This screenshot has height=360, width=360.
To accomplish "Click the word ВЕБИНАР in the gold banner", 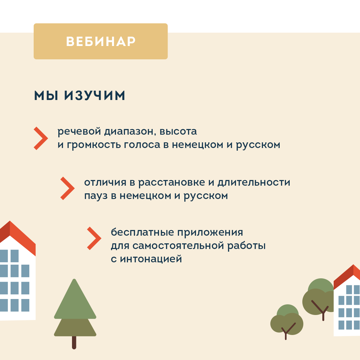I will click(x=101, y=41).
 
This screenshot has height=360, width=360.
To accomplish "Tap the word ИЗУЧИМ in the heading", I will click(x=95, y=96).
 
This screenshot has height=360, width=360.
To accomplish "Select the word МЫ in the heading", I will click(x=46, y=96).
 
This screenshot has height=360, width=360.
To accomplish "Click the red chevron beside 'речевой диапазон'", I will click(x=41, y=138).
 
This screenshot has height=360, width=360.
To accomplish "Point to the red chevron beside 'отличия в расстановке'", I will click(x=67, y=188).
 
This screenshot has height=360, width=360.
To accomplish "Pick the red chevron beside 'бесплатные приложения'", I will click(x=94, y=238).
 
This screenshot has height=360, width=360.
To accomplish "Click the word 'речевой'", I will click(x=79, y=132).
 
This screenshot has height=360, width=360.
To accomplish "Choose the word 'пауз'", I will click(x=96, y=196).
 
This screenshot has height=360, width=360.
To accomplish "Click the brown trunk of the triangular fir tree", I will click(x=74, y=342).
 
